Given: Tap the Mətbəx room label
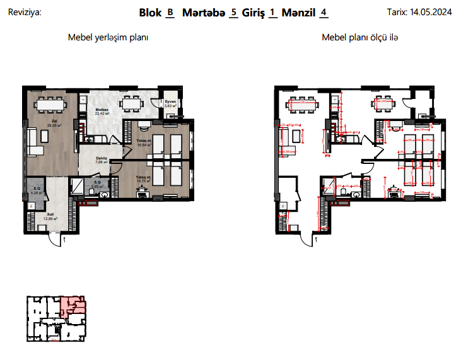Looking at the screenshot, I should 103,110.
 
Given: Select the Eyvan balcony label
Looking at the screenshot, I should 170,102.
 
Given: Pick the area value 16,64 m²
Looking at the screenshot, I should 143,144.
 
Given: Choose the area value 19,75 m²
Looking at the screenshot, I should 143,181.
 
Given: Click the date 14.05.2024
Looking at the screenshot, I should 432,11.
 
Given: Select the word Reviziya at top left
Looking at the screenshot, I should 24,11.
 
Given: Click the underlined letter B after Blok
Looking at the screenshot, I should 170,12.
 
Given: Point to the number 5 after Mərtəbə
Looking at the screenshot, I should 234,12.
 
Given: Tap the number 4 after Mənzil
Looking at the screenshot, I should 324,12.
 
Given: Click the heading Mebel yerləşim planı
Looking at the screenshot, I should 108,38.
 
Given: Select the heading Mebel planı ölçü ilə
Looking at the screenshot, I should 360,38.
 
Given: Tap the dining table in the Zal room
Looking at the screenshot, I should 50,102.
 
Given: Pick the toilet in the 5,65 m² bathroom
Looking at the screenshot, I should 104,195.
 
